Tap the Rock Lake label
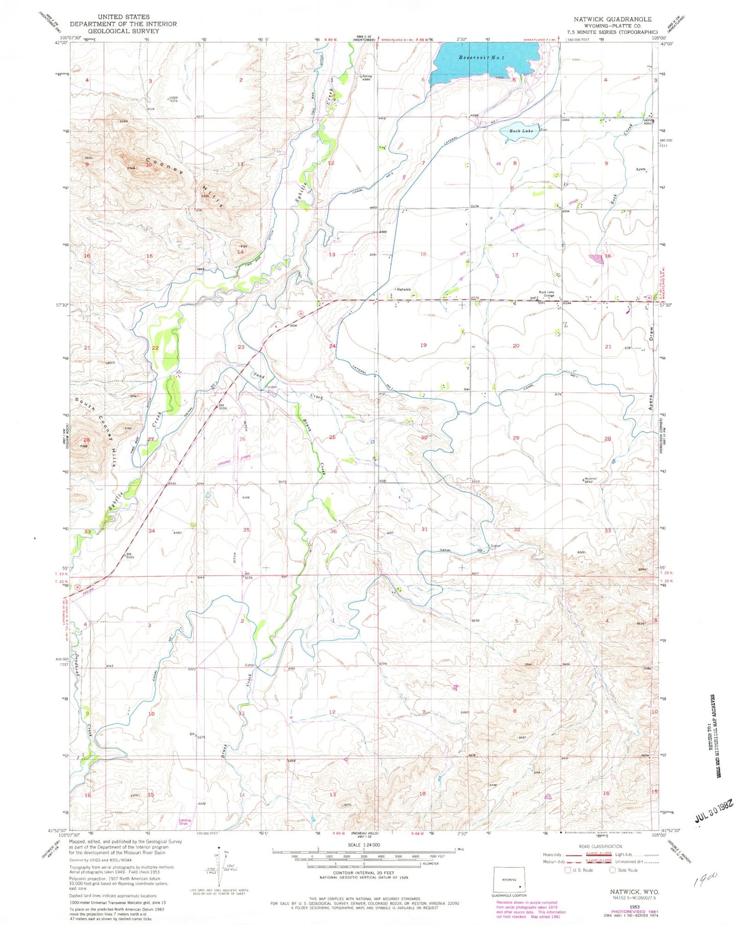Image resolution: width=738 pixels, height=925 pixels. (x=520, y=131)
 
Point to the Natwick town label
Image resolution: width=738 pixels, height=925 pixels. (x=403, y=290)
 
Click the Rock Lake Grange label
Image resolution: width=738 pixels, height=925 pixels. (x=549, y=294)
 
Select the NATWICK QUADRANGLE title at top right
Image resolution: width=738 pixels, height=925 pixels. (x=612, y=19)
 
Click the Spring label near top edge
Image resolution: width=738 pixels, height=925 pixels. (x=367, y=77)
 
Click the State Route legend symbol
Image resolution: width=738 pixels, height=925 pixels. (x=613, y=870)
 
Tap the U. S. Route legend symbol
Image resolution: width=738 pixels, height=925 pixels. (x=568, y=870)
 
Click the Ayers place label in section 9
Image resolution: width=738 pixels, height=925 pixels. (x=640, y=169)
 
